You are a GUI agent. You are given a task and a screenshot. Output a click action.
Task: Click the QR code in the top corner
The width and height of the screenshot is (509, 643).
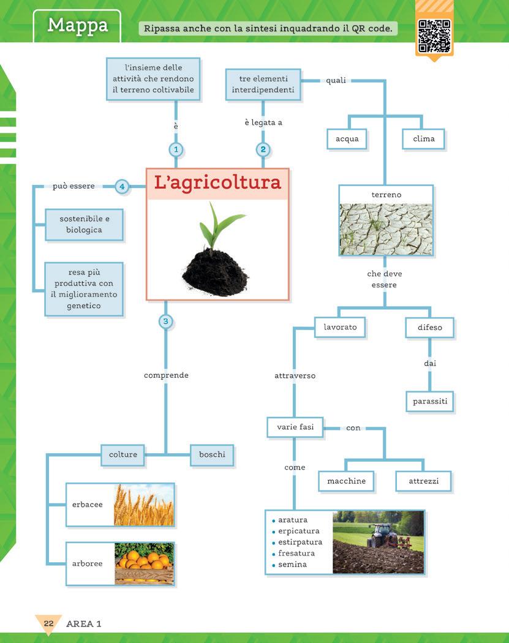coord(434,36)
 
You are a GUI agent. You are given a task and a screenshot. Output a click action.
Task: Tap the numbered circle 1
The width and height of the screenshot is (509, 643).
coord(176,149)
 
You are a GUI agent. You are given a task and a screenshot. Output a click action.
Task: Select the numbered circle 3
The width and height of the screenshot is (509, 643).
coord(165,321)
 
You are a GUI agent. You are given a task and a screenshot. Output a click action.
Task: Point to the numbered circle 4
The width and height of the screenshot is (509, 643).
coord(121,186)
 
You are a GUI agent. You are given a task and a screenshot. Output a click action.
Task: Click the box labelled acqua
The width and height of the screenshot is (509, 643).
coord(347,139)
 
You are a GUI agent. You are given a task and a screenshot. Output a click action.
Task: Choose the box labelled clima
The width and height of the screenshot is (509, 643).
coord(423,139)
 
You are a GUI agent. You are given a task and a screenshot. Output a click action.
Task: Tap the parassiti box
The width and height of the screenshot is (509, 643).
coord(429,401)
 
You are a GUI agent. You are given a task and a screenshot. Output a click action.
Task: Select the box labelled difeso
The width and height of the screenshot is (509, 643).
coord(429,328)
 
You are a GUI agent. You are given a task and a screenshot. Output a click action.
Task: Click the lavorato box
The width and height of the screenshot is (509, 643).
coord(340,327)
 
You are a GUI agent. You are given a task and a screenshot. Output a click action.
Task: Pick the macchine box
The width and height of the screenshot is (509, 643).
coord(346,481)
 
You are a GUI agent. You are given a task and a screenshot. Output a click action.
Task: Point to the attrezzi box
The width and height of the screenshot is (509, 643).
coord(423,481)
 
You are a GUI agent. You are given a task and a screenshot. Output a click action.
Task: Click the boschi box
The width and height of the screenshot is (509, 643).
coord(212,455)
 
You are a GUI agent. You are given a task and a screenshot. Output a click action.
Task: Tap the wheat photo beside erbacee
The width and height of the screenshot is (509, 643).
coord(143,505)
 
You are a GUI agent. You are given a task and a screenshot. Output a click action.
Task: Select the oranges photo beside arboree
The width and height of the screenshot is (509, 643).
coord(144,563)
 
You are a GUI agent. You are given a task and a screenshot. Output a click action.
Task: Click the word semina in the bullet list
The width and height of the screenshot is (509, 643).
coord(292,565)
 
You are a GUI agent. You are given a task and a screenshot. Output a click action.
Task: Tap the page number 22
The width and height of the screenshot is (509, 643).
coord(48,623)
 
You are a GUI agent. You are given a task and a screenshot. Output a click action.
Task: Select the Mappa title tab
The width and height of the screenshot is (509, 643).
coord(77,26)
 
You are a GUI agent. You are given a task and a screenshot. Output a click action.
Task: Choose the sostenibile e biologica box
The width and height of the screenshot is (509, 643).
coord(85,225)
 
